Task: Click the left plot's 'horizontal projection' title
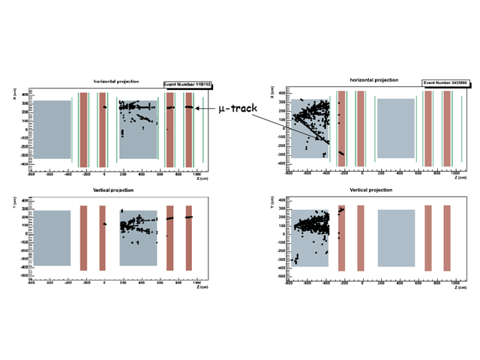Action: point(115,81)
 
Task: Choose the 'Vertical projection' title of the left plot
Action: point(113,191)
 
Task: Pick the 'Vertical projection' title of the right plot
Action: point(371,190)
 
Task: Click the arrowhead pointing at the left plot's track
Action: point(197,108)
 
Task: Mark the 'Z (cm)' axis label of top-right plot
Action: point(458,177)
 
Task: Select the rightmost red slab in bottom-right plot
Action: point(447,238)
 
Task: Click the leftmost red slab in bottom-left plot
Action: point(84,238)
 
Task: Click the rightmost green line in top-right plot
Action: point(462,127)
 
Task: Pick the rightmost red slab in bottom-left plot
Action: point(189,238)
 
